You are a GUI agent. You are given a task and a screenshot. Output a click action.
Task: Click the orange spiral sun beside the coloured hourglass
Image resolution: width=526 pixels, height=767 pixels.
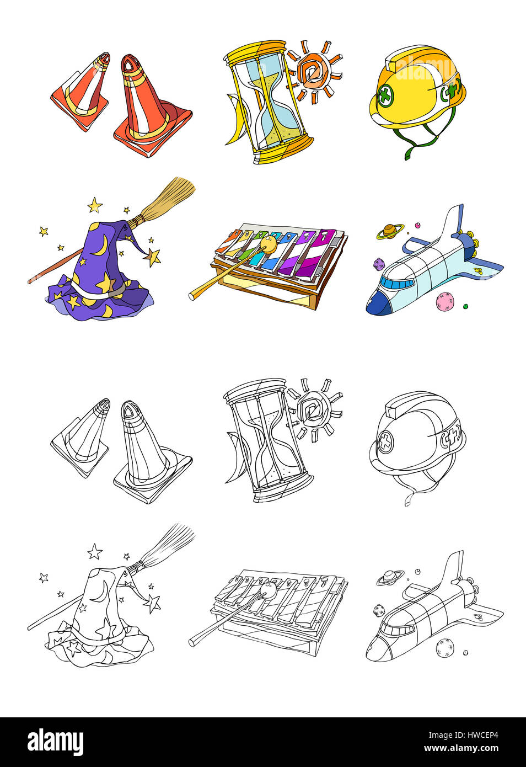(314, 72)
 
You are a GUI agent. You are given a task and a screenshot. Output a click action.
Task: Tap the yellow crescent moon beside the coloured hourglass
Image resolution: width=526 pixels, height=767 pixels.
(236, 120)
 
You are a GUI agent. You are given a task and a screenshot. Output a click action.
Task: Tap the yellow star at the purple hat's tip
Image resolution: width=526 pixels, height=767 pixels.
(153, 257)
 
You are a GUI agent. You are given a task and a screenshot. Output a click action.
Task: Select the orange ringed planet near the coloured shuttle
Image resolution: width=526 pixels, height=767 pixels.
(390, 231)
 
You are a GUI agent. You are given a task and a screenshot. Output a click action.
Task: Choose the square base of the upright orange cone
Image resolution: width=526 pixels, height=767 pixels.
(153, 132)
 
